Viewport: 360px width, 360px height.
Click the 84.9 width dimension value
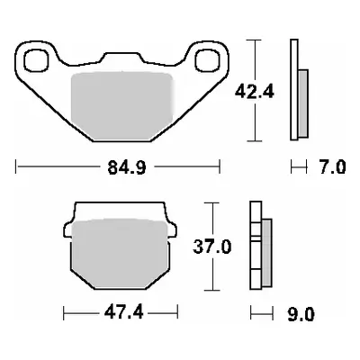(119, 166)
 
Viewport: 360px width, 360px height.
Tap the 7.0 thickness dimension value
(330, 166)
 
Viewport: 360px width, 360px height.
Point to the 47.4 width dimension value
(109, 313)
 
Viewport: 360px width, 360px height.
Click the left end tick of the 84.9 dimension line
(16, 166)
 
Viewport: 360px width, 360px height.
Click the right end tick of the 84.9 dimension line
(220, 166)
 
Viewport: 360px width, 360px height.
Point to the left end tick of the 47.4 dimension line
(63, 313)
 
